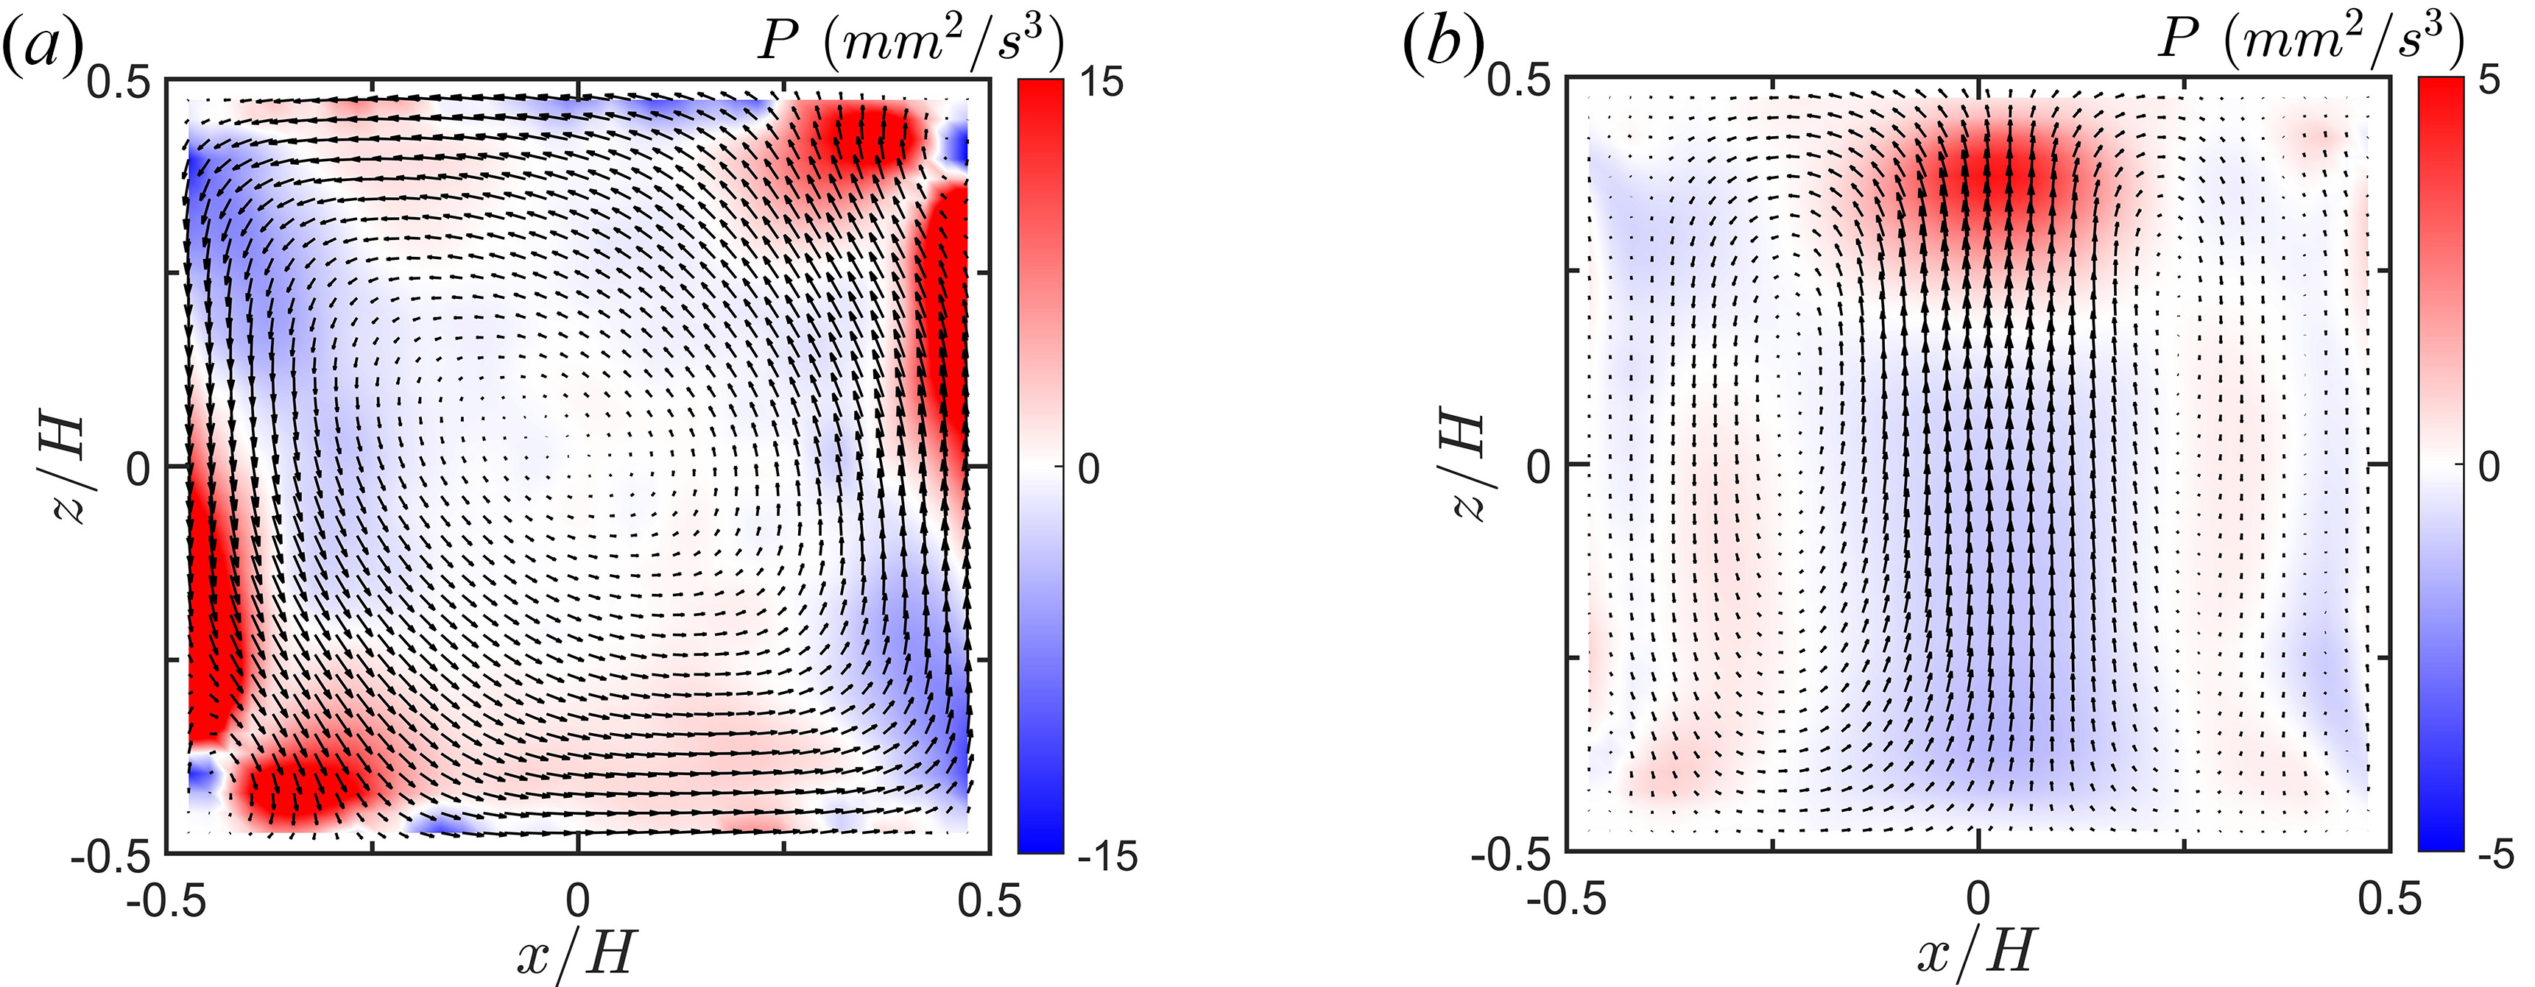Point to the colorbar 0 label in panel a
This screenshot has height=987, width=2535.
(x=1087, y=468)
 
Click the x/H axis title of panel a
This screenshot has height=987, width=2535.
(x=578, y=952)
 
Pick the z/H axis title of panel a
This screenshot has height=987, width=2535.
(x=62, y=467)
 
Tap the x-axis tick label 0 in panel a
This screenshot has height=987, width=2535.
(x=578, y=899)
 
